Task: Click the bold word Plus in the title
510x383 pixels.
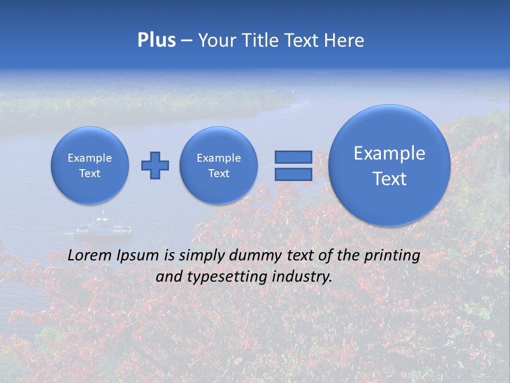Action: click(156, 40)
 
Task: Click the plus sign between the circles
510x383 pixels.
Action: click(155, 165)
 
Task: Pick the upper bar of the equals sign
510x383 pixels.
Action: click(293, 157)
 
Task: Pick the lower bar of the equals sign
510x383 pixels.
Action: click(293, 174)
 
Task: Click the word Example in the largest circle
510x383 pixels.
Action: click(389, 153)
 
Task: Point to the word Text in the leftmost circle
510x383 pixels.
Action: click(90, 173)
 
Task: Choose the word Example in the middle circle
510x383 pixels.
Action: click(219, 158)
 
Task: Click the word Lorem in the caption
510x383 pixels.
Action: click(88, 255)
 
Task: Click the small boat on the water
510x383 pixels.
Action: click(103, 229)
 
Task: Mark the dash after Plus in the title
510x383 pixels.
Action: click(186, 41)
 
